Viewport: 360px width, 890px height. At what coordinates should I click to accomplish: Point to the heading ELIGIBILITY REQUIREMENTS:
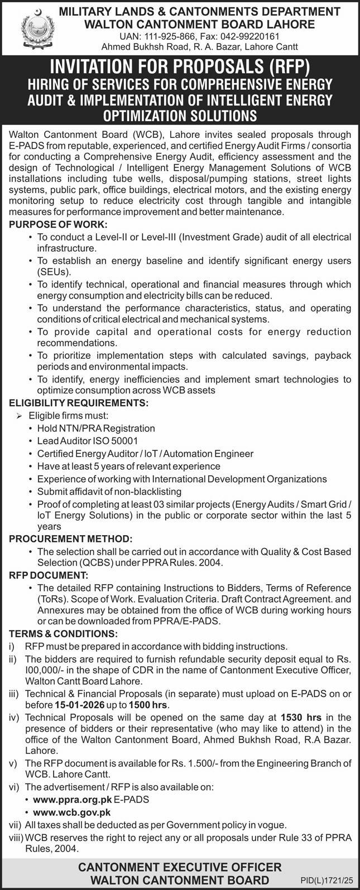click(78, 401)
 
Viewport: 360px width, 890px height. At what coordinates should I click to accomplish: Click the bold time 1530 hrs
click(301, 716)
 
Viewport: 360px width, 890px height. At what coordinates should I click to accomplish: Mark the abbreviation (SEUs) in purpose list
click(54, 272)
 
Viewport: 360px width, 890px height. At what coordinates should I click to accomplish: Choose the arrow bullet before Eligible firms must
click(18, 416)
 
